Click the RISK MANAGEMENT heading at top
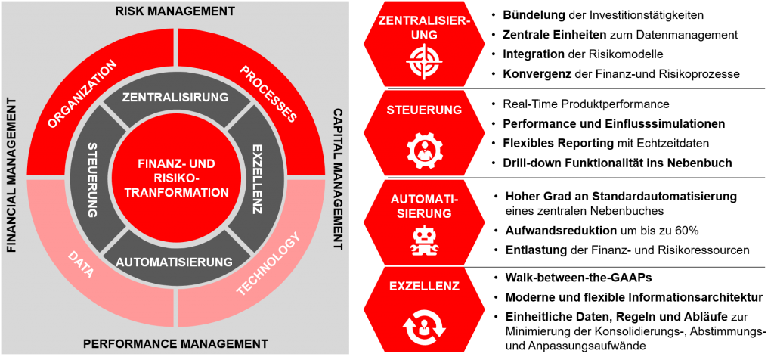point(175,11)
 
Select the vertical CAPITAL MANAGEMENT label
point(338,179)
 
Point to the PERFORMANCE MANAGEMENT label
point(175,343)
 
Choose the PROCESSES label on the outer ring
point(268,94)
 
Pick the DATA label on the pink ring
point(80,265)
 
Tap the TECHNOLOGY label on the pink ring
point(268,264)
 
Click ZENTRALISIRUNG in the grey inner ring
point(175,97)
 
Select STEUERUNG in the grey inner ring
point(93,179)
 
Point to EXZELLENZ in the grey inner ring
point(257,179)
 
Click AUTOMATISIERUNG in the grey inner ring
point(175,262)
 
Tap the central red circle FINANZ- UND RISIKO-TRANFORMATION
point(175,178)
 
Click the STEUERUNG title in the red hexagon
point(424,110)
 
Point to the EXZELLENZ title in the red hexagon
point(424,287)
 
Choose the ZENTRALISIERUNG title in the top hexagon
point(424,28)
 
